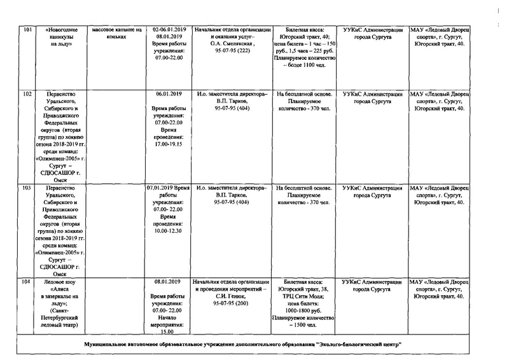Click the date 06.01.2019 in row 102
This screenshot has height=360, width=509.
[169, 94]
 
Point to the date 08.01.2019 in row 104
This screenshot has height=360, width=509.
[169, 282]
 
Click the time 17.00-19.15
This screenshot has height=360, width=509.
[169, 144]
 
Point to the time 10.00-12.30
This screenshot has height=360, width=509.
[169, 231]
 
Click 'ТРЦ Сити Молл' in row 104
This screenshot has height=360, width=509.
[305, 296]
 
